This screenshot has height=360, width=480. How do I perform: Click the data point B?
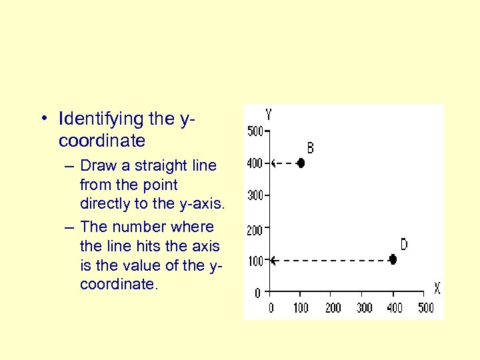click(x=301, y=163)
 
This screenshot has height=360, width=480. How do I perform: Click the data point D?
click(x=393, y=259)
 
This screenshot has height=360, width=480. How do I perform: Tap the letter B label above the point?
click(x=310, y=148)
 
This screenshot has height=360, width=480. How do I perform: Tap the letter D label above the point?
click(x=403, y=245)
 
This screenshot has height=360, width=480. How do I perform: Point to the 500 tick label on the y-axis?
click(x=255, y=131)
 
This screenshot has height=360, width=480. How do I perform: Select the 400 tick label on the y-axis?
click(x=255, y=163)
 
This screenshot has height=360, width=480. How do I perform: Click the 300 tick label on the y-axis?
click(x=255, y=195)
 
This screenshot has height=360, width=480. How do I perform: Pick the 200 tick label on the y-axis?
click(x=255, y=230)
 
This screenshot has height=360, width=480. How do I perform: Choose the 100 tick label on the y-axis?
click(x=255, y=261)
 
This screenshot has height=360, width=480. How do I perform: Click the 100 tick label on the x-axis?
click(x=301, y=307)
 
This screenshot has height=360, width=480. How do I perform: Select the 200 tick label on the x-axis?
click(x=333, y=307)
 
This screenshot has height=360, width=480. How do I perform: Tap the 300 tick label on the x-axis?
click(x=364, y=307)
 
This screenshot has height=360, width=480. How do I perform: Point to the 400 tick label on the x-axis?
click(x=395, y=307)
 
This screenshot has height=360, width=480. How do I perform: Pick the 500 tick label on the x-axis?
click(x=425, y=307)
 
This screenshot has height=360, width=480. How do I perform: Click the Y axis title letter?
click(x=268, y=115)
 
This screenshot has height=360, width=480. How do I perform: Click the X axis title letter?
click(x=437, y=289)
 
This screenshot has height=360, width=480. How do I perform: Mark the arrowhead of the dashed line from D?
click(x=272, y=260)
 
